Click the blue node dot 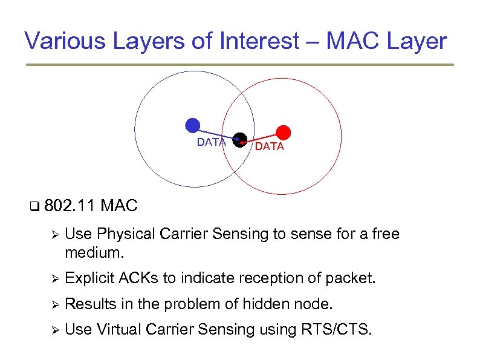click(192, 125)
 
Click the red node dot click(284, 133)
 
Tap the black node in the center click(240, 139)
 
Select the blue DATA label click(212, 143)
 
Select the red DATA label click(269, 147)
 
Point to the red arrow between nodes click(264, 139)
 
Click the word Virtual click(121, 330)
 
